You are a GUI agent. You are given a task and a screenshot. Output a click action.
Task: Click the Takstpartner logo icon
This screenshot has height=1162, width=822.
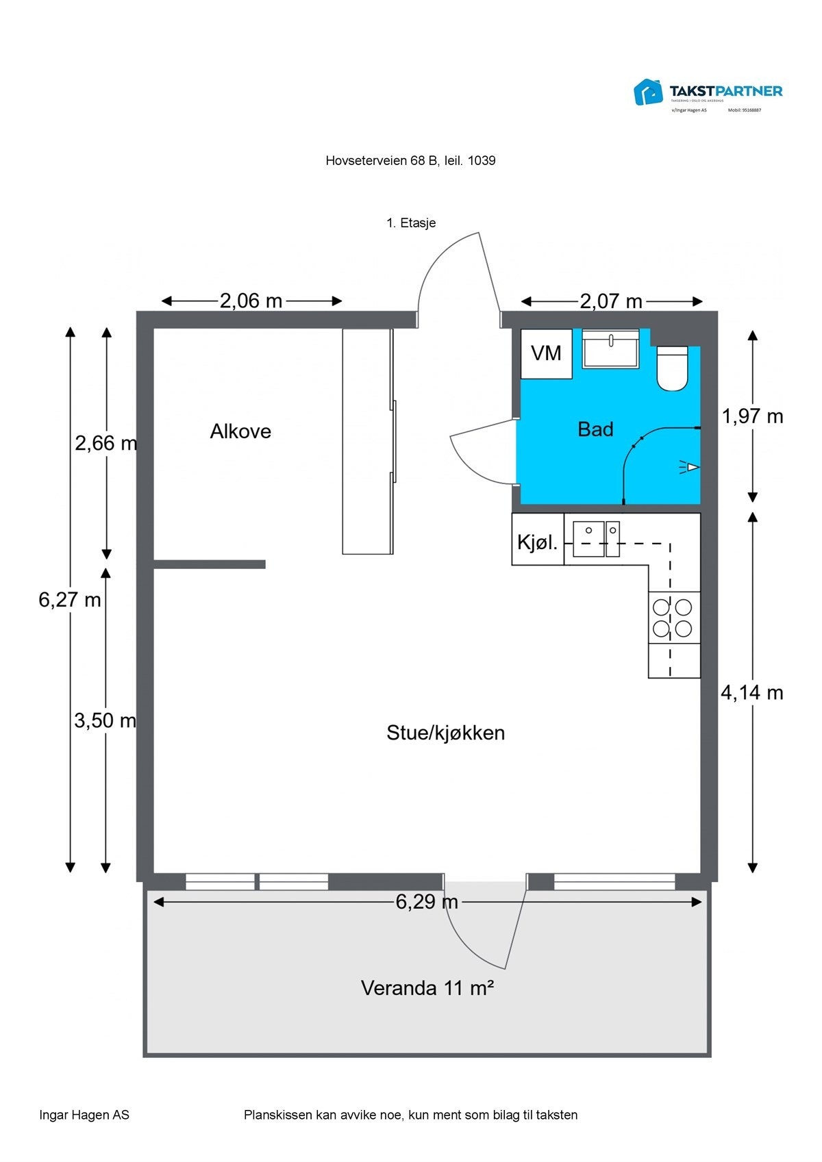click(648, 92)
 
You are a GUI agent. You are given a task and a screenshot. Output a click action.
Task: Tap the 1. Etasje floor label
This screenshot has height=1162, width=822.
click(411, 223)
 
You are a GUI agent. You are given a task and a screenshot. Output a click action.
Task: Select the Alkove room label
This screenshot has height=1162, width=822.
click(240, 431)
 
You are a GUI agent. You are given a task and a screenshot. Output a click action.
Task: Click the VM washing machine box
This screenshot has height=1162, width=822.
click(546, 353)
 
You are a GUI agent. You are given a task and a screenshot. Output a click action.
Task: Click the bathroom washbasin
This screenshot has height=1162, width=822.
click(610, 351)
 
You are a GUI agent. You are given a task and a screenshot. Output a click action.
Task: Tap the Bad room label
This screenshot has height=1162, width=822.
click(595, 429)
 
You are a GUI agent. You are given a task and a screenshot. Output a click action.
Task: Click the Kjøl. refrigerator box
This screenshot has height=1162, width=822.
click(537, 542)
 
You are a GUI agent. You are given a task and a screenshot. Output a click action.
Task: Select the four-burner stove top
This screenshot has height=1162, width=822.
click(673, 617)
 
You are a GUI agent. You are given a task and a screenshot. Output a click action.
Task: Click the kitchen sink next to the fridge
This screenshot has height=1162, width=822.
click(595, 539)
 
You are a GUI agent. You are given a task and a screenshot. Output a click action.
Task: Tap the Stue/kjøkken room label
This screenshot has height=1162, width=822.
click(445, 733)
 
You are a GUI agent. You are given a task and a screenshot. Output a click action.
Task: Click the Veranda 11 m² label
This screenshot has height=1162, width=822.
click(427, 988)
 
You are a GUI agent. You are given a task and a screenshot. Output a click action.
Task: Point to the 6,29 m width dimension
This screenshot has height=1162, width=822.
click(426, 902)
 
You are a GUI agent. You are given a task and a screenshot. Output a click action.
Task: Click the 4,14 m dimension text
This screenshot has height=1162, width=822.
click(751, 693)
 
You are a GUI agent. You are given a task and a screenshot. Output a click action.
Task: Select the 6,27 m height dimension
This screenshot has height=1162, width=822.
click(69, 600)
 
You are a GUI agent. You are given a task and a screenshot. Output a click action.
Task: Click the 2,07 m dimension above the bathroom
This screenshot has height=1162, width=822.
click(611, 301)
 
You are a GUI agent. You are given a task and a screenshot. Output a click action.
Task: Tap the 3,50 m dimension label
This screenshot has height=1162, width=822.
click(105, 720)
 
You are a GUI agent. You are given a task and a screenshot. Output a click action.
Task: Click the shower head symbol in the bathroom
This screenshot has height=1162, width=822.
click(690, 467)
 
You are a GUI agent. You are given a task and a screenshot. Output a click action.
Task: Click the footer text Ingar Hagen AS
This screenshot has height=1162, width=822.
click(84, 1115)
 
